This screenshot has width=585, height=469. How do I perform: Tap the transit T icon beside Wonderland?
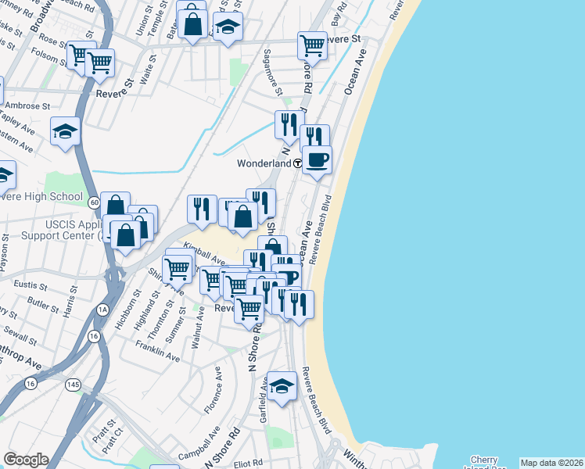299,164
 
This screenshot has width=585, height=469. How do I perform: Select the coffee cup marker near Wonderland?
317,160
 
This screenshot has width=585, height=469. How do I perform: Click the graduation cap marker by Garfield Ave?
282,386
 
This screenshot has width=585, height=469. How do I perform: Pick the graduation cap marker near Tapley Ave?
66,131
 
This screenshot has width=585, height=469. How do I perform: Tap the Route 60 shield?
93,202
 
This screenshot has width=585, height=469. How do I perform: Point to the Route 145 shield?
74,385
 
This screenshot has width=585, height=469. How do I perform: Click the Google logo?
26,460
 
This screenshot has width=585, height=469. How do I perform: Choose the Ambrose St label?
27,105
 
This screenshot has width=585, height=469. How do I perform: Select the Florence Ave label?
214,396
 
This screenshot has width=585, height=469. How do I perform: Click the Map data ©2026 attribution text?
551,463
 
